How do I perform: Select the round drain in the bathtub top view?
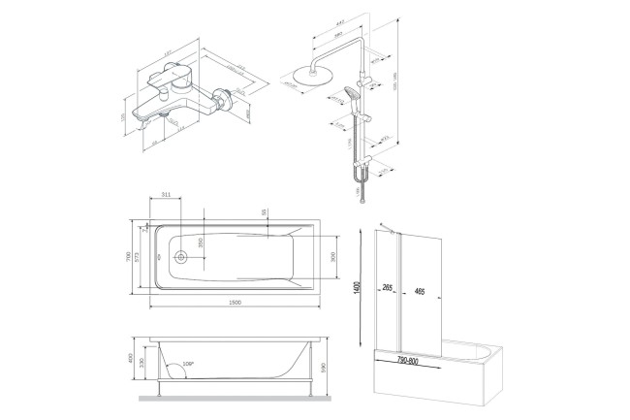pyautogui.click(x=178, y=257)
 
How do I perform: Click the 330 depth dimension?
pyautogui.click(x=143, y=367)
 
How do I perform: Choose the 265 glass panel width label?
pyautogui.click(x=388, y=288)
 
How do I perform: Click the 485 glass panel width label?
pyautogui.click(x=418, y=288)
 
